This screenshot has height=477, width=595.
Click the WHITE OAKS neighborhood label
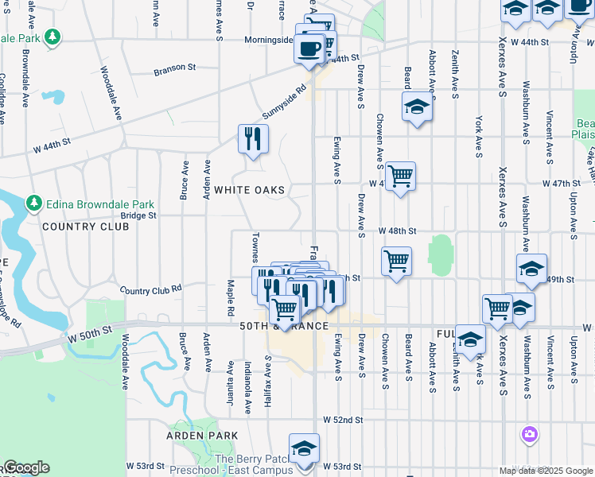tap(249, 190)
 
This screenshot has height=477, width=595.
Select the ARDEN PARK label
tap(202, 436)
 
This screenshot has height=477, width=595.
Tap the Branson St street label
tap(174, 68)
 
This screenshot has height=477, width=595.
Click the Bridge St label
tap(138, 215)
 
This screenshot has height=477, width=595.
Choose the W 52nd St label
tap(343, 419)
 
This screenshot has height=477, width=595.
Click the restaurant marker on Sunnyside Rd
tap(253, 139)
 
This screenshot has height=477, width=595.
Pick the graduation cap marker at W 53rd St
tap(304, 449)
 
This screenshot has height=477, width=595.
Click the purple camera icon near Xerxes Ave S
tap(529, 433)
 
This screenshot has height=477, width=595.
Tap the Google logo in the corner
tap(25, 467)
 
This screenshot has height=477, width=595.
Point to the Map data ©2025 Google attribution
tap(546, 471)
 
